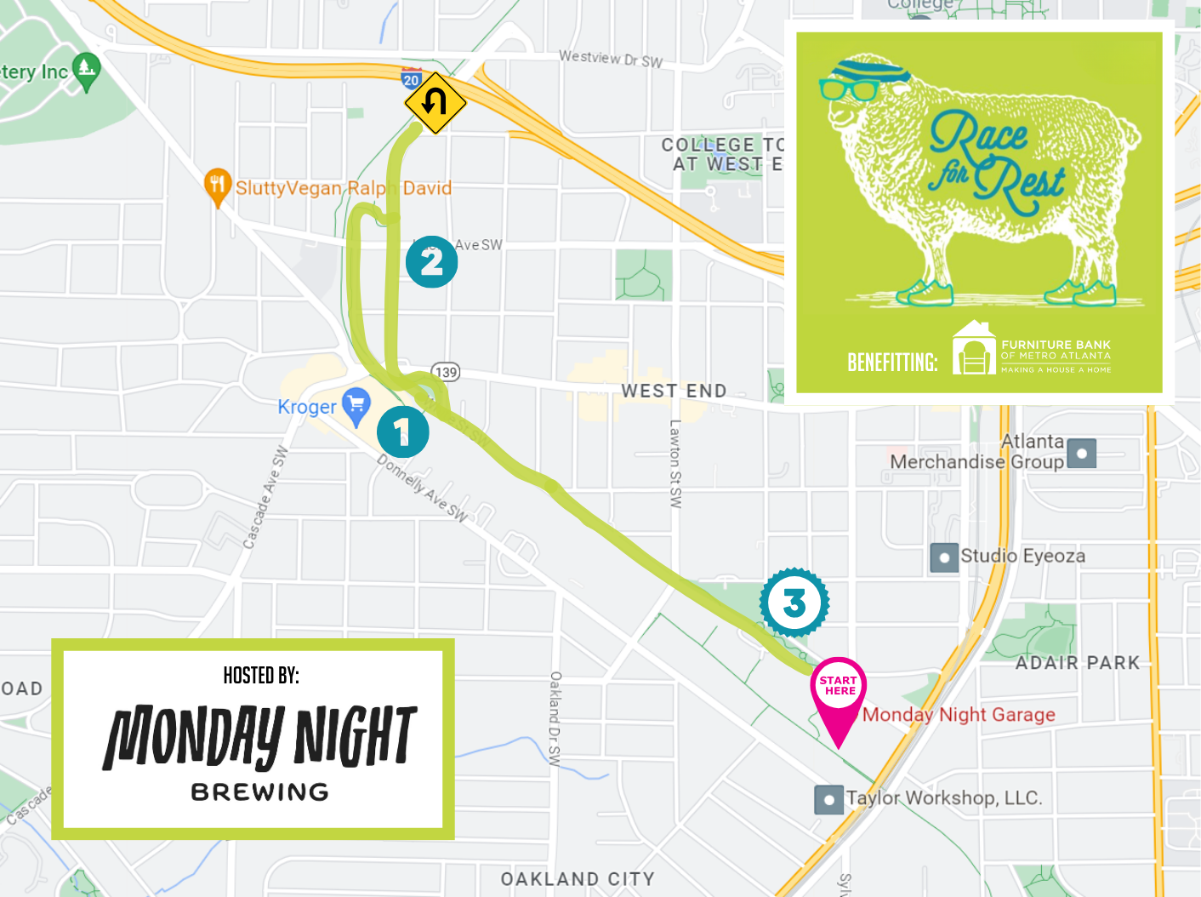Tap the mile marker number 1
(402, 432)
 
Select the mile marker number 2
(431, 261)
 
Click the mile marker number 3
(794, 603)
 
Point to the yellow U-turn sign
(435, 103)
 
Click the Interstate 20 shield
(412, 79)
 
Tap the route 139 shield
(447, 372)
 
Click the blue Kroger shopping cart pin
(356, 404)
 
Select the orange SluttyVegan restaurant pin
(218, 186)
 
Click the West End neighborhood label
(674, 391)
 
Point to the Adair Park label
(1077, 662)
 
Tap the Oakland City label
(578, 878)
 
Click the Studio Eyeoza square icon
(944, 557)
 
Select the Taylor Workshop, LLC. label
(943, 797)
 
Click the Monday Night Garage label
(959, 714)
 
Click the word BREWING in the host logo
(259, 791)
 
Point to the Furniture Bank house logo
(973, 348)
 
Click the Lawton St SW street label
(675, 464)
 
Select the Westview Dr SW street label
(610, 59)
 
